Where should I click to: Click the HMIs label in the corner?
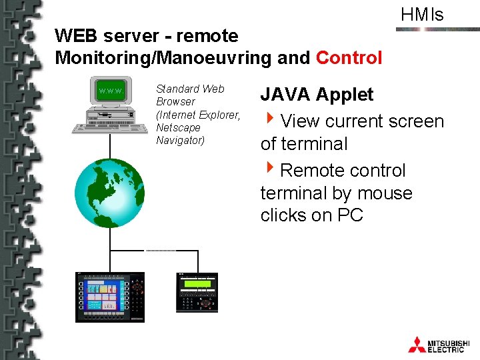[422, 15]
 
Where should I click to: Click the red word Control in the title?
[349, 58]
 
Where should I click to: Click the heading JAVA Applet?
[317, 95]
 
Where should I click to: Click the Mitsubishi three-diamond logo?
[417, 344]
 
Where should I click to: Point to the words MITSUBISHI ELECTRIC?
[449, 344]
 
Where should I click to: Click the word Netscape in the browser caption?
[178, 127]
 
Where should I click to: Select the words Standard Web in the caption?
[190, 89]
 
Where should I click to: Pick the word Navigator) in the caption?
[180, 140]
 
